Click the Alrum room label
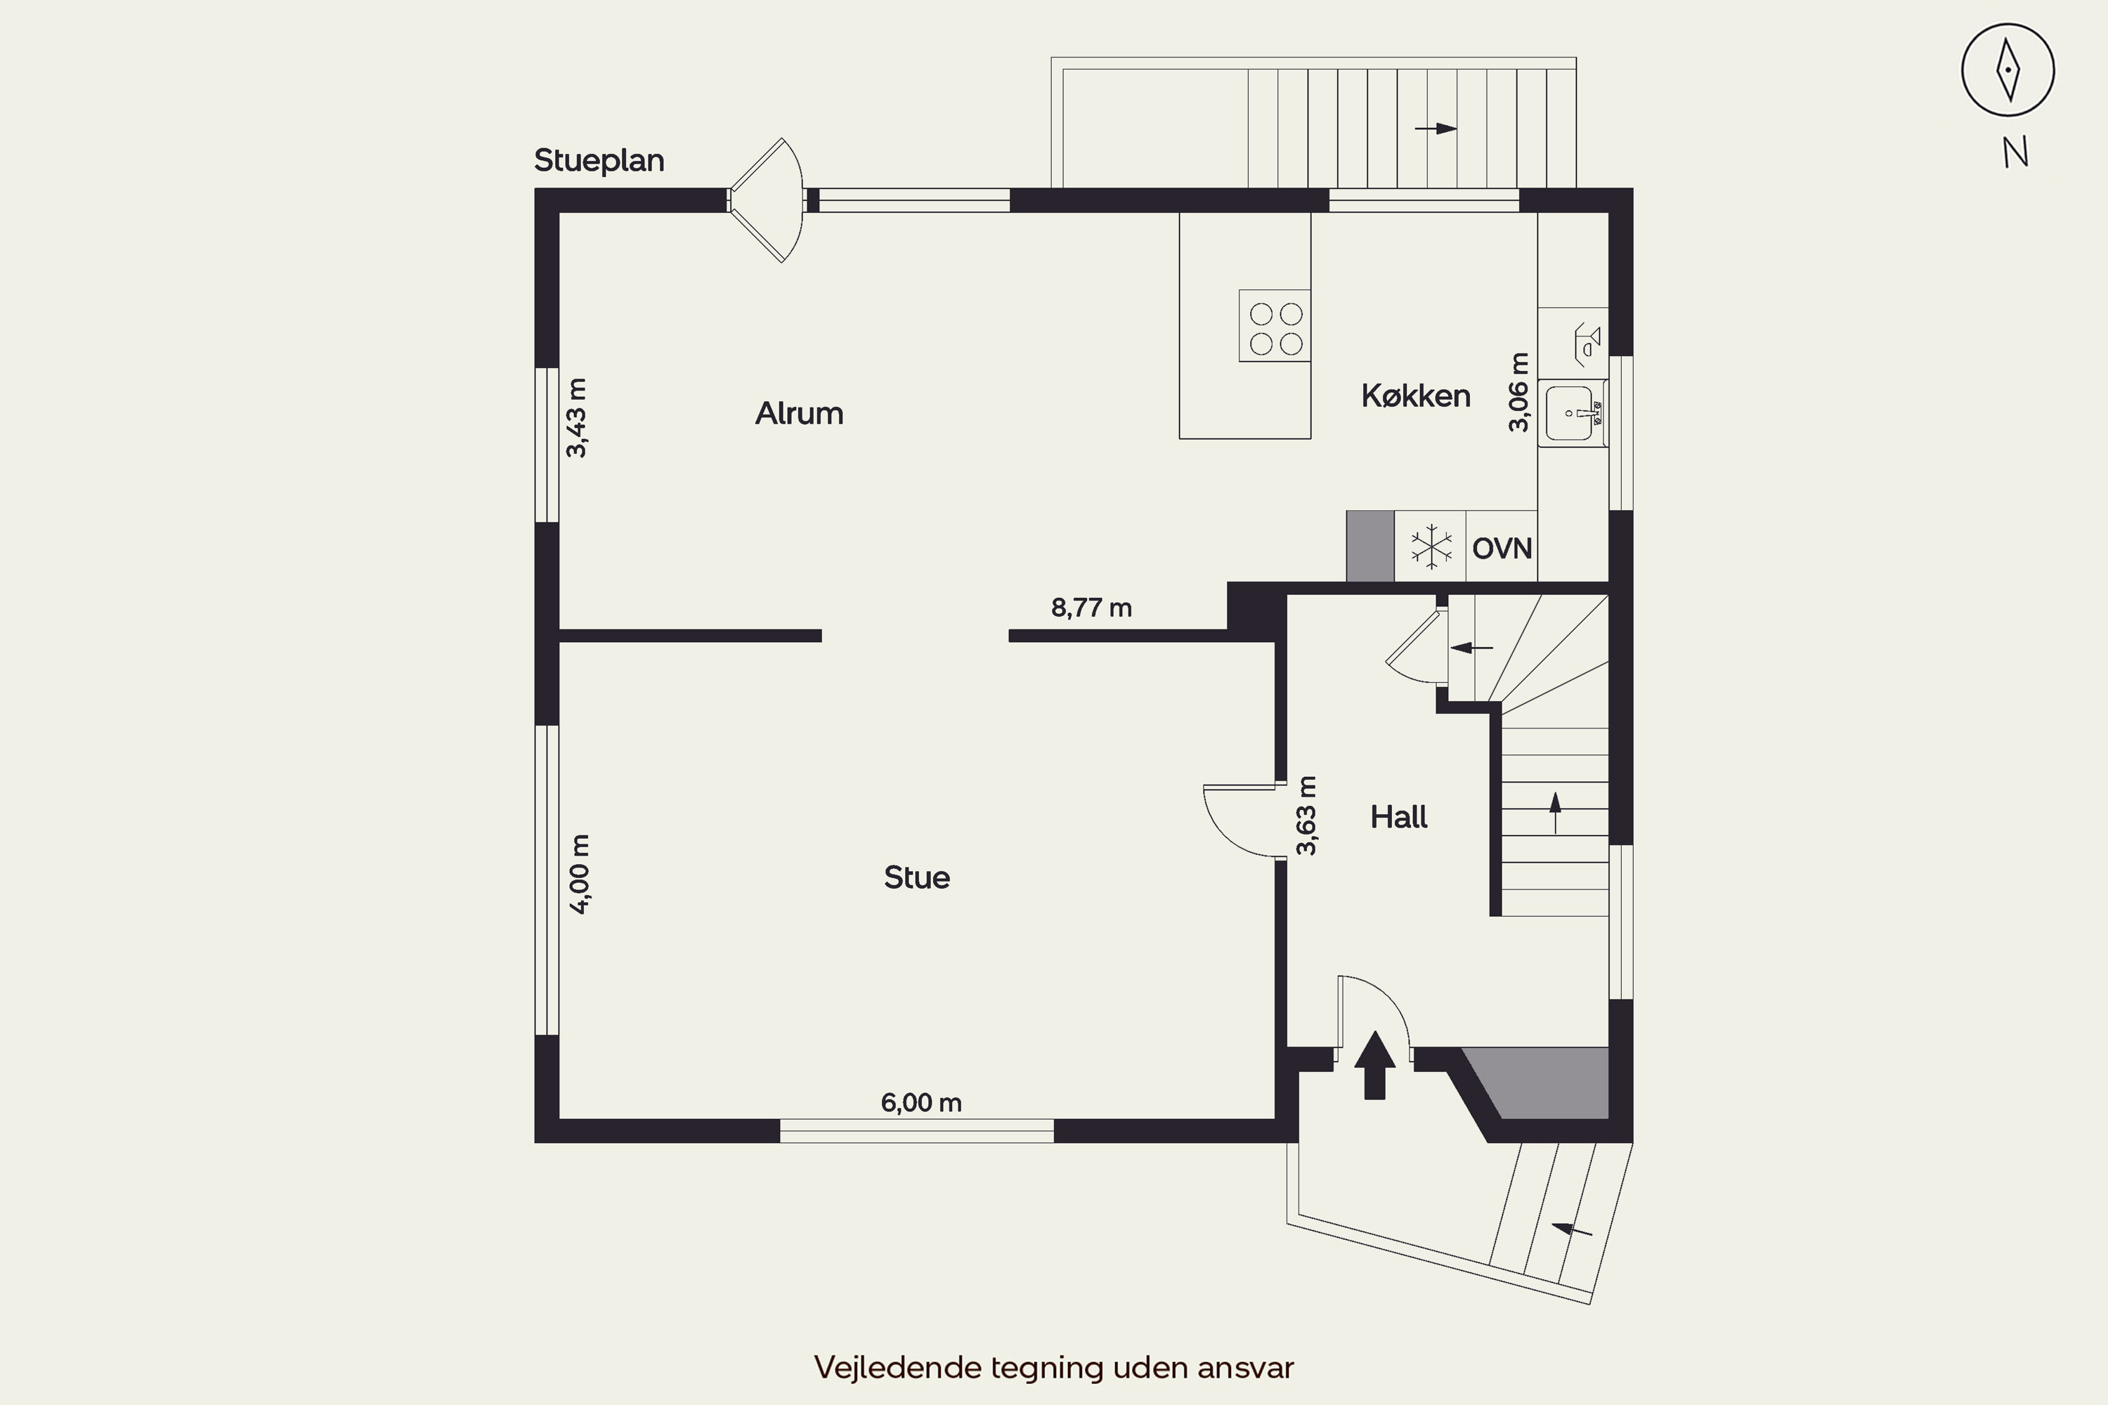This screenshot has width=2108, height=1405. (x=798, y=413)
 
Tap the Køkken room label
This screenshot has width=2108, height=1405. (x=1415, y=396)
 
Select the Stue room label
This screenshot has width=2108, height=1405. (x=916, y=877)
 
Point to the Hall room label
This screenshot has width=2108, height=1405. (x=1398, y=817)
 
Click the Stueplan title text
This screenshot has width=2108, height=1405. (x=599, y=160)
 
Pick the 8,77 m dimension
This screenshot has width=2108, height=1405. (x=1091, y=608)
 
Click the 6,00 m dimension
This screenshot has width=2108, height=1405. (x=920, y=1102)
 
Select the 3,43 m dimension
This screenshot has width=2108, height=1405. (x=577, y=417)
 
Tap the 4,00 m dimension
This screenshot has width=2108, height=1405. (x=580, y=874)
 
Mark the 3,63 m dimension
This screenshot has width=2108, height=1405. (x=1307, y=816)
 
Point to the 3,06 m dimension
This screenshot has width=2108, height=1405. (x=1518, y=393)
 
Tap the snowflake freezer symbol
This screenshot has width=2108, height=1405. (x=1431, y=547)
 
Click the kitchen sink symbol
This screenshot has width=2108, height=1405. (x=1570, y=413)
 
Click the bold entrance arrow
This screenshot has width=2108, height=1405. (x=1374, y=1066)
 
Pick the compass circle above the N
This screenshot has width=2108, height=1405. (x=2008, y=70)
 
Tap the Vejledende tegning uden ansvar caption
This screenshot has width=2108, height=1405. (x=1053, y=1367)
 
